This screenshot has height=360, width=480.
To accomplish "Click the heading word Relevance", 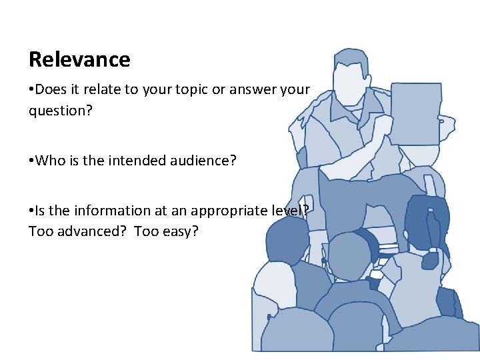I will point(79,60).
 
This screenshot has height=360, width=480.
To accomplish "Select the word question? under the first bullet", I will point(60,110).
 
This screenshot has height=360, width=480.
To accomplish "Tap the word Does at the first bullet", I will point(50,90).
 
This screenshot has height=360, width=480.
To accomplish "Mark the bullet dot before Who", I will point(31,160).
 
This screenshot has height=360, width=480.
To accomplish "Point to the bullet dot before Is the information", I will point(31,211).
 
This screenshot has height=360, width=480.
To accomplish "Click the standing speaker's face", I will point(347,85).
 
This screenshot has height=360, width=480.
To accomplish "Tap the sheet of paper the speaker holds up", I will point(415,113).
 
